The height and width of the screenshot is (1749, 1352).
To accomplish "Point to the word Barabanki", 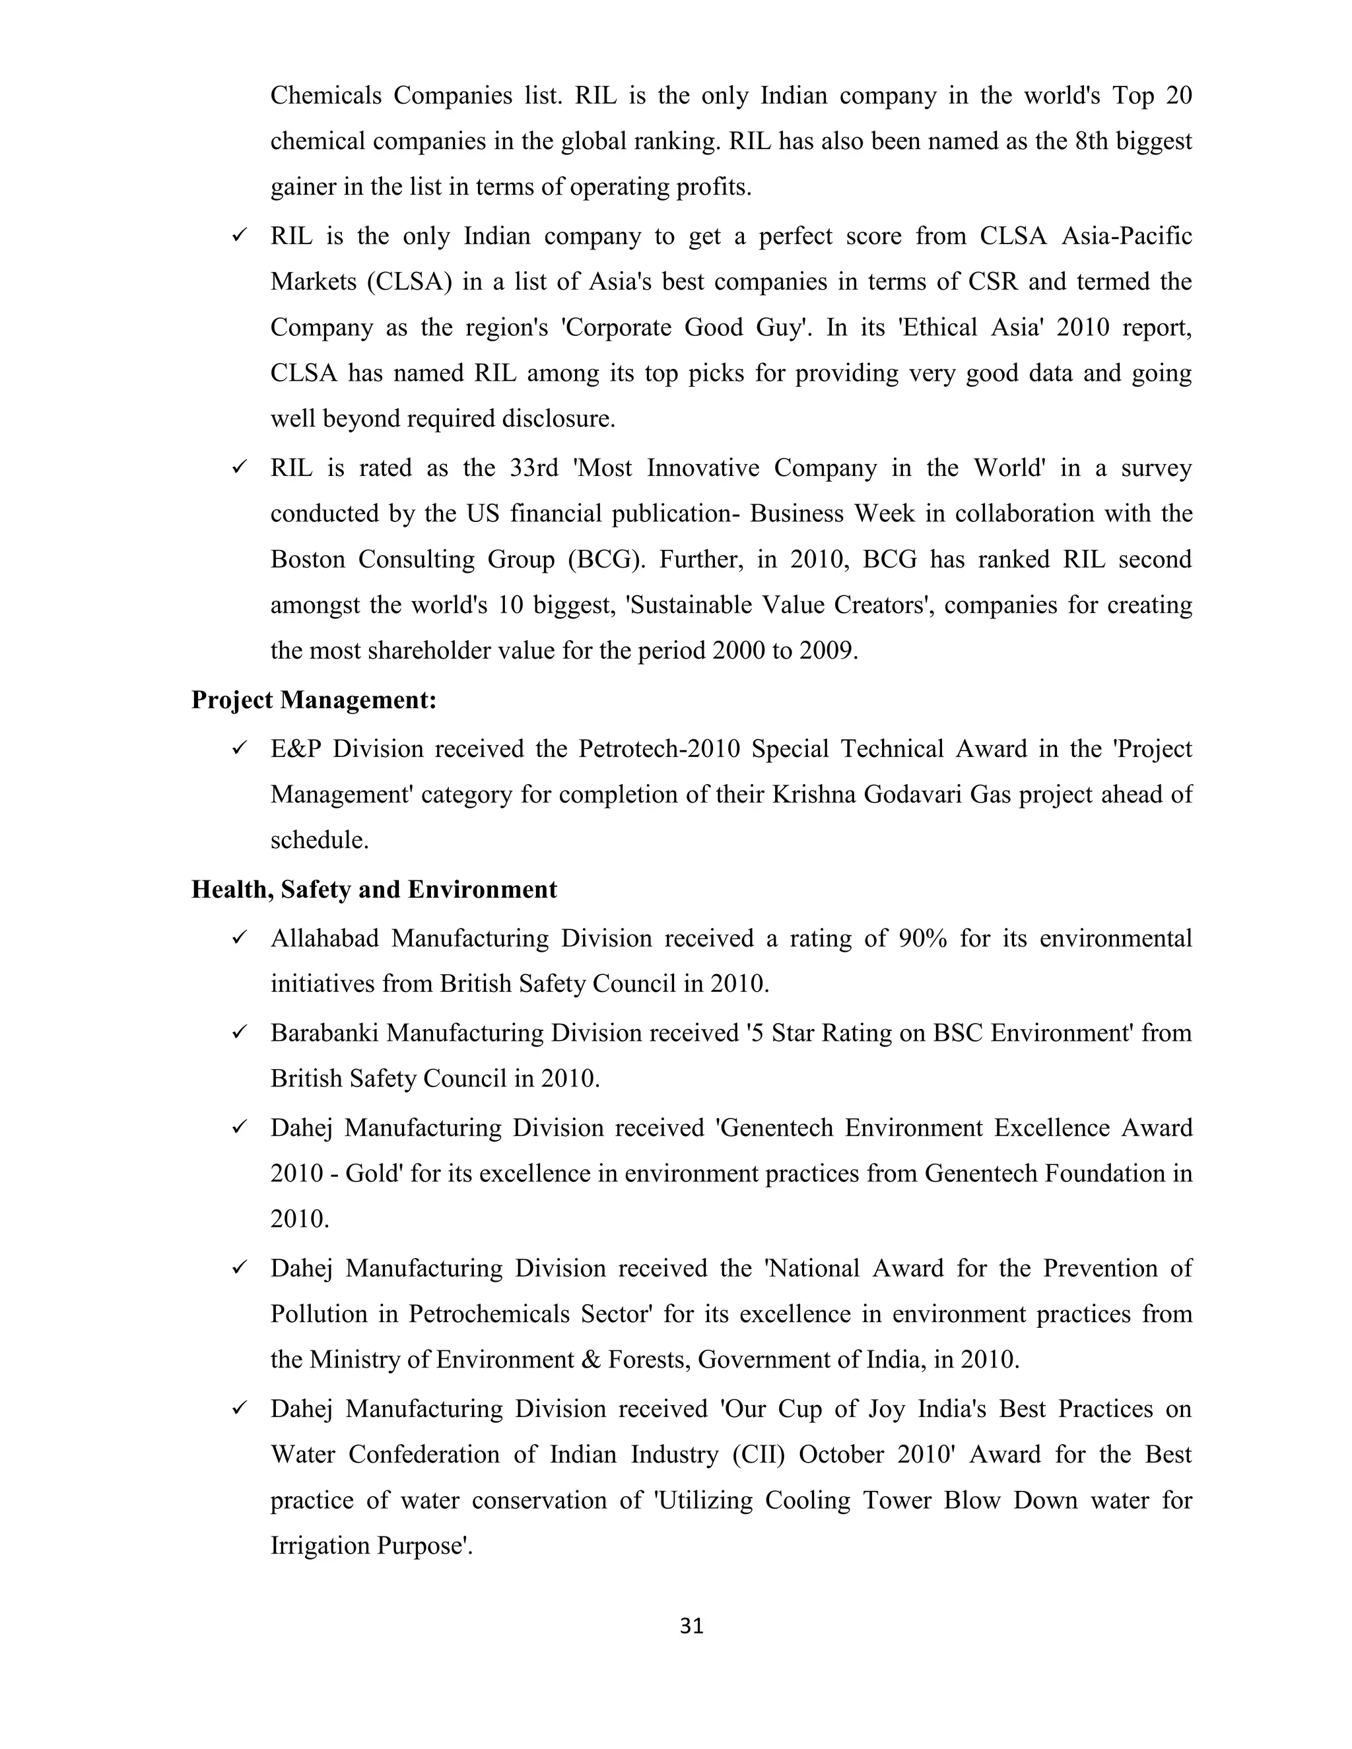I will click(323, 1033).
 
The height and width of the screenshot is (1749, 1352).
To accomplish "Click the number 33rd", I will click(533, 468).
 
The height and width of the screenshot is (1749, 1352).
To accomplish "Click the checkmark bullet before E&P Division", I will click(239, 749).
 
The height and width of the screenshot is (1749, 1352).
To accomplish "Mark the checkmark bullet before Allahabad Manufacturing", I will click(239, 938).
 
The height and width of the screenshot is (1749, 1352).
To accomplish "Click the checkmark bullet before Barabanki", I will click(239, 1033).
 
